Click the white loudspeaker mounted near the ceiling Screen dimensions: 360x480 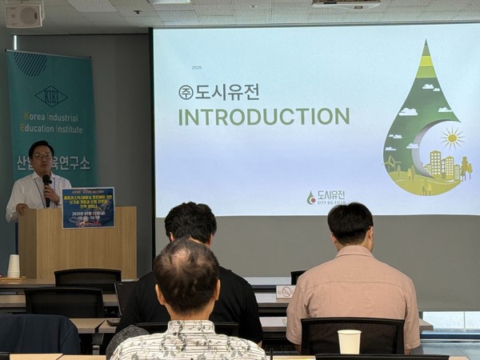pyautogui.click(x=24, y=14)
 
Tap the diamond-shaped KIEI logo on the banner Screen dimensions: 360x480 pyautogui.click(x=51, y=95)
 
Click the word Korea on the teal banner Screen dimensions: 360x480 pyautogui.click(x=38, y=117)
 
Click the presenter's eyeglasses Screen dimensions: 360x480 pyautogui.click(x=42, y=155)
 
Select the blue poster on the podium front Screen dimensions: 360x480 pyautogui.click(x=88, y=208)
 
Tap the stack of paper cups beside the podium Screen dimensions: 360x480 pyautogui.click(x=14, y=266)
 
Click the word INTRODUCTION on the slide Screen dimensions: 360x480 pyautogui.click(x=263, y=117)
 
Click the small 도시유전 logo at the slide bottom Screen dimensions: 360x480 pyautogui.click(x=326, y=197)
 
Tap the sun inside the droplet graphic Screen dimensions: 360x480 pyautogui.click(x=452, y=138)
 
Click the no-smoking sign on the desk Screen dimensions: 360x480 pyautogui.click(x=285, y=292)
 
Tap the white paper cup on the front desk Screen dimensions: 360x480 pyautogui.click(x=349, y=342)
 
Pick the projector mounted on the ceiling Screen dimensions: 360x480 pyautogui.click(x=346, y=4)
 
